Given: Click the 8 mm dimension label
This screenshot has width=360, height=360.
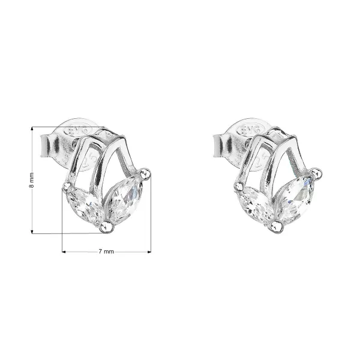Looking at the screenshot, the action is coord(32,180).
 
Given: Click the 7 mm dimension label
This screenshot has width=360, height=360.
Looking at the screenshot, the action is coord(106,251).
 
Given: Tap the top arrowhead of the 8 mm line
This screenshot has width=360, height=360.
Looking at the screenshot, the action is coord(32,128).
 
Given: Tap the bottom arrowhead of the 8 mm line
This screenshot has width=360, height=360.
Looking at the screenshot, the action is coord(32,232).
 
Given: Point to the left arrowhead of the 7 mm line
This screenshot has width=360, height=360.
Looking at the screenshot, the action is coord(64,252).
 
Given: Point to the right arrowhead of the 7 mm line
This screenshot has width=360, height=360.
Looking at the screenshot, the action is coord(149,252).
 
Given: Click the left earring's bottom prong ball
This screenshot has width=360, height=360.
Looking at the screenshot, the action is coord(107,227).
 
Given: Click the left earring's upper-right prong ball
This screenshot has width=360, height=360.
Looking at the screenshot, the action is coord(146,173).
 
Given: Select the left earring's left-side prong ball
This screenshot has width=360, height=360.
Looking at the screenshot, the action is coord(68,187).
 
